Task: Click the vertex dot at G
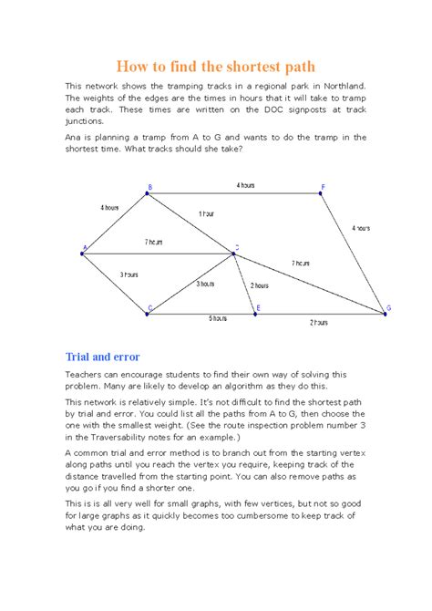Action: click(384, 314)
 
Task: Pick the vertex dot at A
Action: click(83, 253)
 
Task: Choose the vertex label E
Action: click(258, 308)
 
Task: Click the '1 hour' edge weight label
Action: click(207, 213)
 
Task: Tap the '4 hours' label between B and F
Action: click(245, 185)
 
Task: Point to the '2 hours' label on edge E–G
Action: click(318, 322)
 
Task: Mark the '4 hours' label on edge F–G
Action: click(361, 228)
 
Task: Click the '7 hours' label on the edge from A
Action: click(153, 242)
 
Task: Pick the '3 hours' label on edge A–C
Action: click(129, 274)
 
